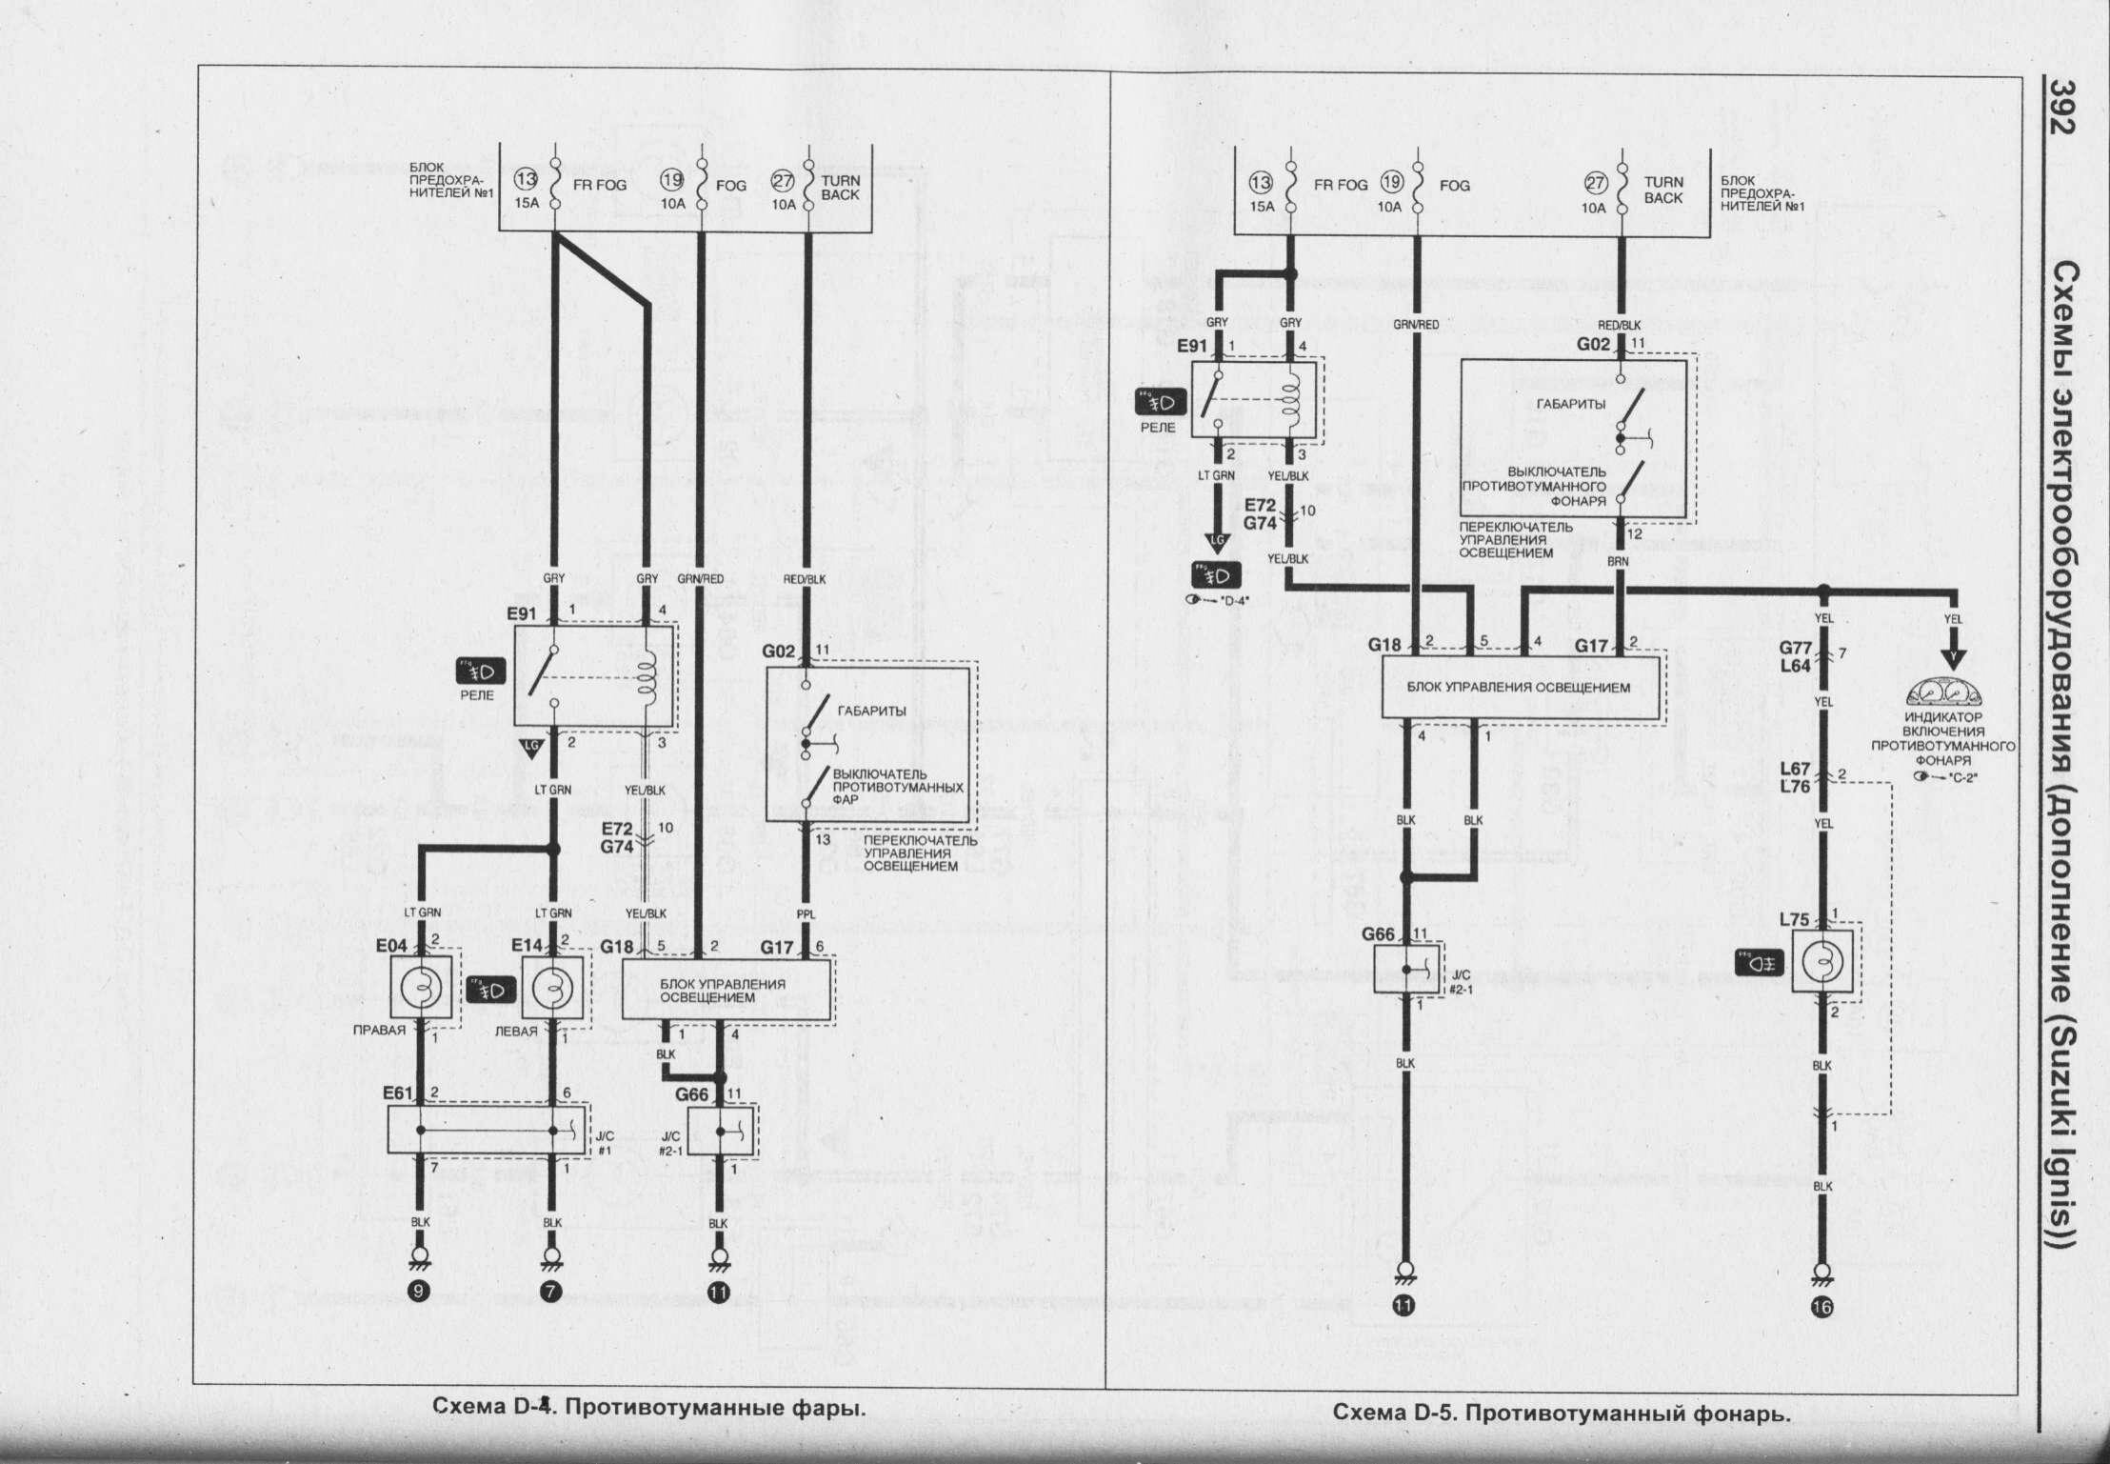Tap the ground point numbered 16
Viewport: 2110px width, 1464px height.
pos(1822,1308)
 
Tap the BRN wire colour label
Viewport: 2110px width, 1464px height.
pos(1618,562)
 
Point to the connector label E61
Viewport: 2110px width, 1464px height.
pos(398,1093)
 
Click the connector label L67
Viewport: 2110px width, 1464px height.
pos(1794,769)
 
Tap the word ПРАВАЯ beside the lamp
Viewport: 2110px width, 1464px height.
pos(380,1031)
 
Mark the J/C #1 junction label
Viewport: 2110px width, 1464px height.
pos(604,1142)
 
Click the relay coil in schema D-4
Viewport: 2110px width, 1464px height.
pos(648,674)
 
